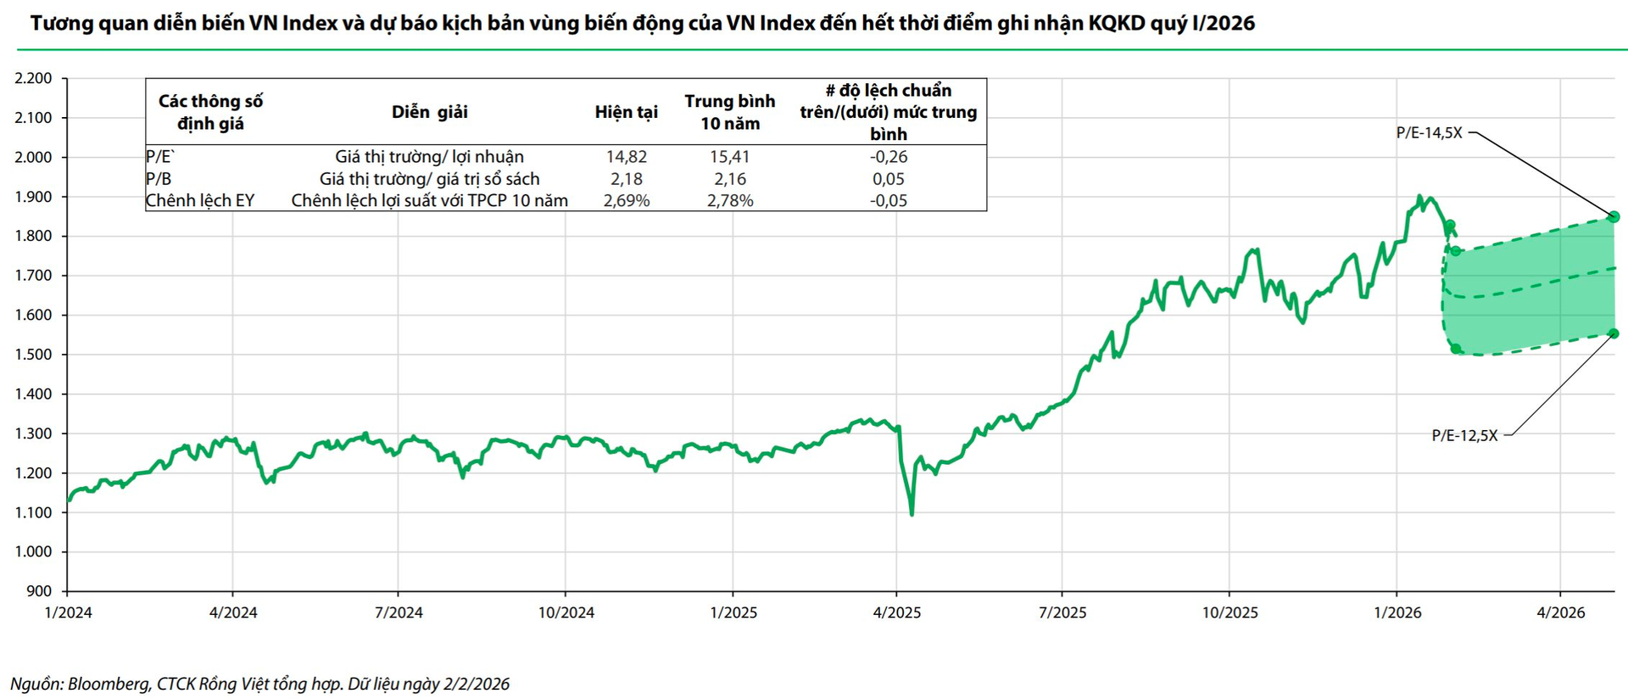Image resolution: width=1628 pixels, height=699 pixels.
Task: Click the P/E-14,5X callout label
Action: point(1429,132)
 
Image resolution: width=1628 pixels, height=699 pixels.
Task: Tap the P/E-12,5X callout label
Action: point(1464,435)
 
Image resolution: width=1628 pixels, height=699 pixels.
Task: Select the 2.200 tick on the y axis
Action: point(33,78)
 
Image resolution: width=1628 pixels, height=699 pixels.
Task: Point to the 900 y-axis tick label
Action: point(39,591)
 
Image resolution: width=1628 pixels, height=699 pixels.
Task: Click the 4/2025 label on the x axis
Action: point(896,612)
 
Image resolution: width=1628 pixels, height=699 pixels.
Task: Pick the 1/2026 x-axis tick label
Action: point(1397,612)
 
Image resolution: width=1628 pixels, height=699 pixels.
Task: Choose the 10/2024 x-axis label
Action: point(566,612)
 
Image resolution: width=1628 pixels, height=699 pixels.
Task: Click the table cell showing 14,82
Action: point(626,157)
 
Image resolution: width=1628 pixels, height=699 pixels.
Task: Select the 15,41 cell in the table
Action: point(729,157)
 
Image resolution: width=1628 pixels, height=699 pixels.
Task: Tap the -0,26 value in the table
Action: point(889,157)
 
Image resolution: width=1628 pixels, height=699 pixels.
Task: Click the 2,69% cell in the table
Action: point(626,201)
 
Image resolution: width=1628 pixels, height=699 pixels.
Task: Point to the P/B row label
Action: point(159,179)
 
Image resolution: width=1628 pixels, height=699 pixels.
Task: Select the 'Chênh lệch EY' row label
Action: point(200,201)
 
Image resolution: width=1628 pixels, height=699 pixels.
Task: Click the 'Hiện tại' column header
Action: point(626,112)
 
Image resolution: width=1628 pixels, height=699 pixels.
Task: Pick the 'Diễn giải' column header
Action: point(429,112)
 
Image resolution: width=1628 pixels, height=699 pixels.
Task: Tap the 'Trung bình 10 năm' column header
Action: point(729,112)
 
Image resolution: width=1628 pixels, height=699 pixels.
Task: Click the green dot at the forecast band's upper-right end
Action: point(1614,217)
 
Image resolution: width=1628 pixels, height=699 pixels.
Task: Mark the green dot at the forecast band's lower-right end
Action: point(1614,333)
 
